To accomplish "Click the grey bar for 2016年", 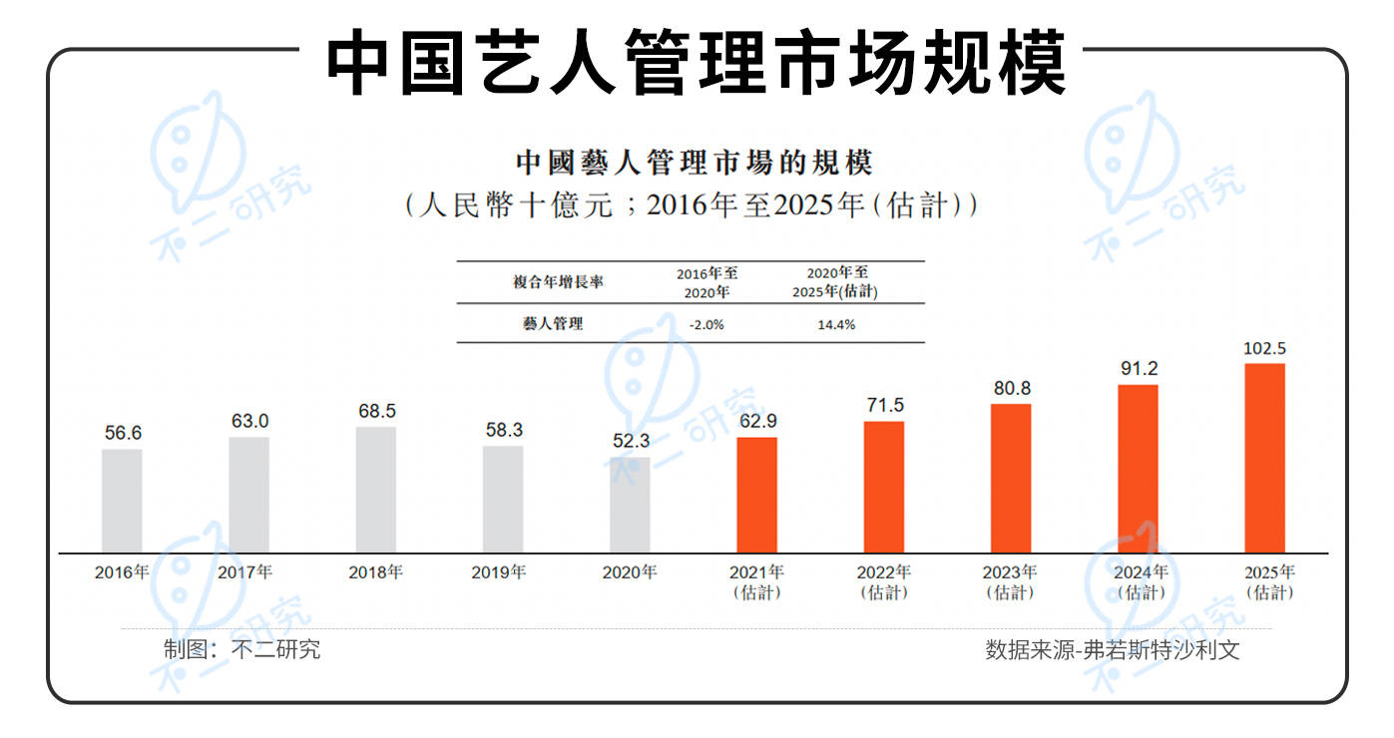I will (x=122, y=501).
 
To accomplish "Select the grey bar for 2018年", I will (x=376, y=490).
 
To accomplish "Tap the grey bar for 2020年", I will (x=630, y=505).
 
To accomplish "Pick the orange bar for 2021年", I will (x=756, y=495).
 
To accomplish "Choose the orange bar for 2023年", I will (x=1011, y=478).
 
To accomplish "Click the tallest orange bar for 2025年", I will (x=1265, y=458).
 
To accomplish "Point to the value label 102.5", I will (x=1264, y=349).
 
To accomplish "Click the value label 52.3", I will (x=631, y=442).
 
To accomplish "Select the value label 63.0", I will (x=249, y=422).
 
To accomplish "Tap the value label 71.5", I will (x=884, y=406).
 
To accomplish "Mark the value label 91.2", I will (x=1138, y=369).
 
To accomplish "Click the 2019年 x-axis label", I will (x=503, y=572).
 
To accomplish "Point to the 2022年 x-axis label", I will (x=884, y=572).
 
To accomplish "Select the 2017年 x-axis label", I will (x=244, y=572).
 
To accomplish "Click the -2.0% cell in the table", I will (x=706, y=324).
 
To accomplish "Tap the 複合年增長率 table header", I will (x=558, y=282).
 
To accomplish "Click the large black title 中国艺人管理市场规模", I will (x=697, y=63).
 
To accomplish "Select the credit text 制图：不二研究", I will (x=242, y=650).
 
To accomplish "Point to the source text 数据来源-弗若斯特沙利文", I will (x=1113, y=650).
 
